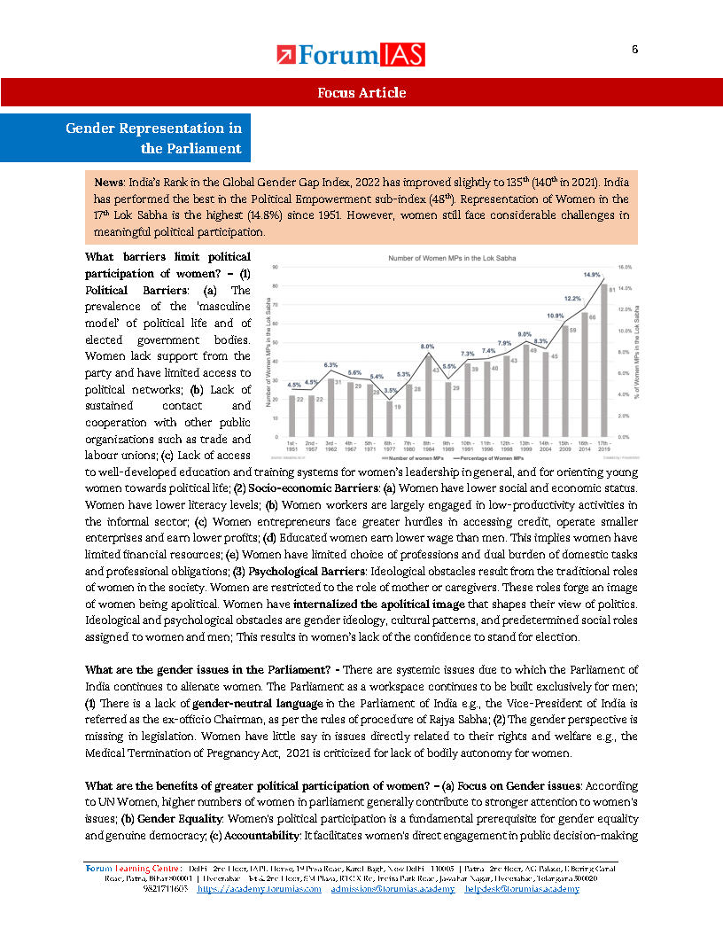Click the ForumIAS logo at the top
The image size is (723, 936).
click(x=350, y=55)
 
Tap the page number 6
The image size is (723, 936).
click(x=634, y=50)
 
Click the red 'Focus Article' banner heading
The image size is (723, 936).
click(x=361, y=93)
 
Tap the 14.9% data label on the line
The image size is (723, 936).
click(x=592, y=275)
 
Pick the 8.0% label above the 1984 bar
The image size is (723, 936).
click(x=427, y=347)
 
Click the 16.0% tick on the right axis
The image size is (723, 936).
click(x=624, y=266)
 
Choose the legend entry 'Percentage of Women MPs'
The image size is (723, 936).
click(x=484, y=456)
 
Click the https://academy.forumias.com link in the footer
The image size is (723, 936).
click(x=259, y=888)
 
